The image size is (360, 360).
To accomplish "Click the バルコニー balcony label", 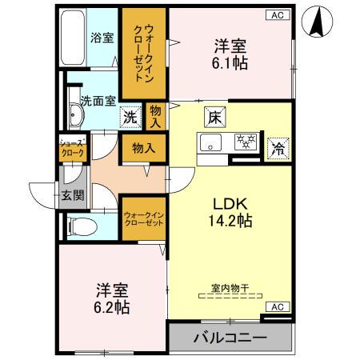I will coord(229,338).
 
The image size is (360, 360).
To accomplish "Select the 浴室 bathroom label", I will coord(101,37).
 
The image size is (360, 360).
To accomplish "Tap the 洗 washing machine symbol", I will coord(130,116).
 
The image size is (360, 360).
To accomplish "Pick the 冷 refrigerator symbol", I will coord(278,146).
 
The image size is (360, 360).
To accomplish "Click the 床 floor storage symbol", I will coord(214,116).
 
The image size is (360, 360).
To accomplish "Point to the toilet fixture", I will coord(80,226).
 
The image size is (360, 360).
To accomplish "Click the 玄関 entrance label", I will coord(70,195).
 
